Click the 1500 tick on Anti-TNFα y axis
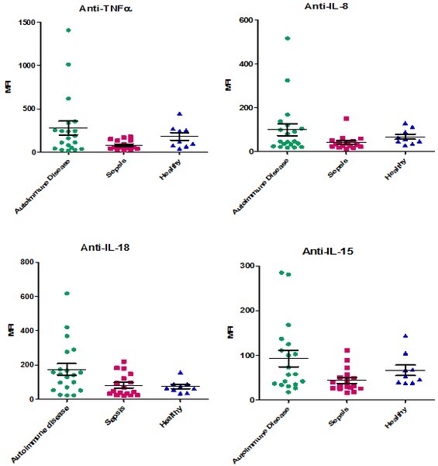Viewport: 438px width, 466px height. click(28, 23)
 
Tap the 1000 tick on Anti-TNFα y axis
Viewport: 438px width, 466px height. click(28, 65)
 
